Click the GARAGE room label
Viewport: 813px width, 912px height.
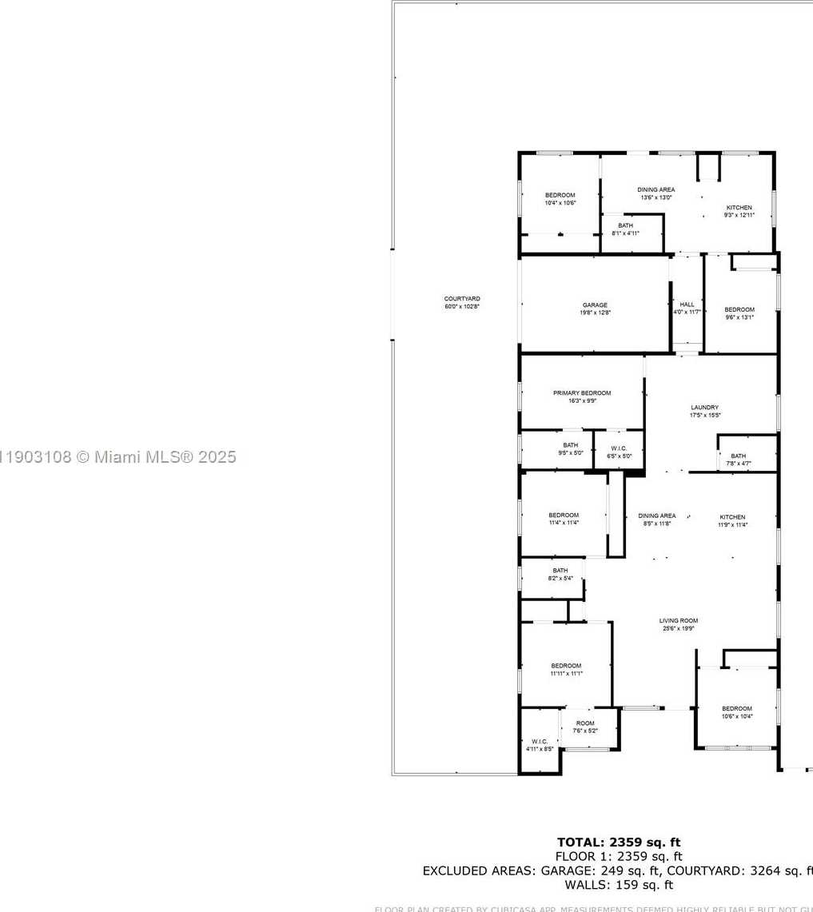click(595, 305)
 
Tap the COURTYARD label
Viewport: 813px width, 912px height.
click(462, 299)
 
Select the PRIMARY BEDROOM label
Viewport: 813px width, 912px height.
click(582, 392)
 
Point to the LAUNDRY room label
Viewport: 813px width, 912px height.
click(705, 407)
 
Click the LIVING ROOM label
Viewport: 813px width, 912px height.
click(678, 620)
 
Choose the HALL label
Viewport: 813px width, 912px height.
click(687, 305)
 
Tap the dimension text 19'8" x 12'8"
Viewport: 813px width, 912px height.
click(595, 313)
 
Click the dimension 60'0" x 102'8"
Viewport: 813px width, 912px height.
click(462, 307)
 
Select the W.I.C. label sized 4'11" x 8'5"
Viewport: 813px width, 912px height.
click(540, 741)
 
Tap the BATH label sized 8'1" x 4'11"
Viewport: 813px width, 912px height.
click(625, 225)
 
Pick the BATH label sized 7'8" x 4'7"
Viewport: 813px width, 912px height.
click(738, 456)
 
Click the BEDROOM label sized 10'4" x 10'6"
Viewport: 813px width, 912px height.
click(560, 195)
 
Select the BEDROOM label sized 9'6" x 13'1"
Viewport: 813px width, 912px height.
click(739, 309)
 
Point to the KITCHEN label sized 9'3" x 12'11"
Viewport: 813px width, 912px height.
click(739, 208)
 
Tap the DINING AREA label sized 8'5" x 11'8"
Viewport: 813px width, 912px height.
click(656, 516)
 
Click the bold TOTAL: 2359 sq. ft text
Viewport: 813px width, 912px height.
click(619, 842)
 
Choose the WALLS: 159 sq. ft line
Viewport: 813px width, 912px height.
click(619, 885)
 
